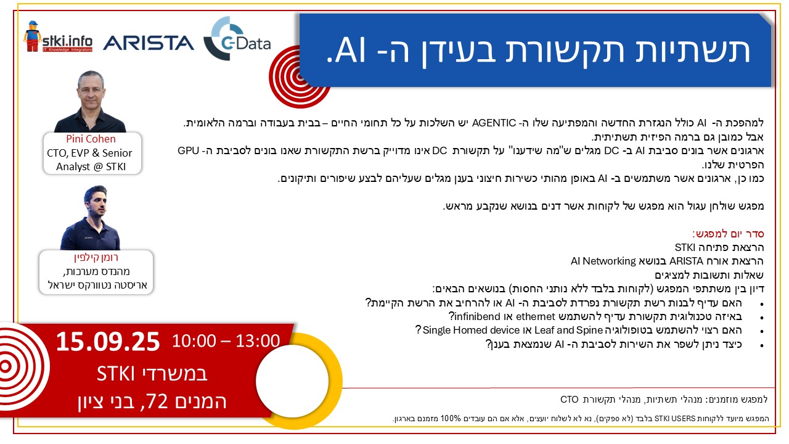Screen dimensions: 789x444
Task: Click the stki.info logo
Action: coord(58,37)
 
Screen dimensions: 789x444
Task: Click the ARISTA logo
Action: coord(149,43)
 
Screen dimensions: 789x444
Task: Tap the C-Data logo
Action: coord(237,38)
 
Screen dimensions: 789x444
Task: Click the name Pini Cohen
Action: coord(91,139)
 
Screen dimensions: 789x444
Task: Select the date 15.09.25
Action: coord(108,342)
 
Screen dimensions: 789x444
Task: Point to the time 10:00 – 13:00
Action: coord(226,341)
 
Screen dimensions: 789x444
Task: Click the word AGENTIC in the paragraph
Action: coord(494,123)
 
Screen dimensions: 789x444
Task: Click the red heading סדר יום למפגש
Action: coord(728,234)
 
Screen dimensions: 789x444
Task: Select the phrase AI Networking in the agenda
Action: coord(603,261)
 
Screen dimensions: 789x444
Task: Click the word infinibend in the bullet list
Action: coord(477,316)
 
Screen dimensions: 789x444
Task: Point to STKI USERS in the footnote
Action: coord(674,419)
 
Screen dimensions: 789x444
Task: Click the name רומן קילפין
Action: coord(96,257)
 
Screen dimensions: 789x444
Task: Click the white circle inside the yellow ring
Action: coord(292,380)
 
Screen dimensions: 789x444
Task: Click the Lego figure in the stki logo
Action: coord(33,36)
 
